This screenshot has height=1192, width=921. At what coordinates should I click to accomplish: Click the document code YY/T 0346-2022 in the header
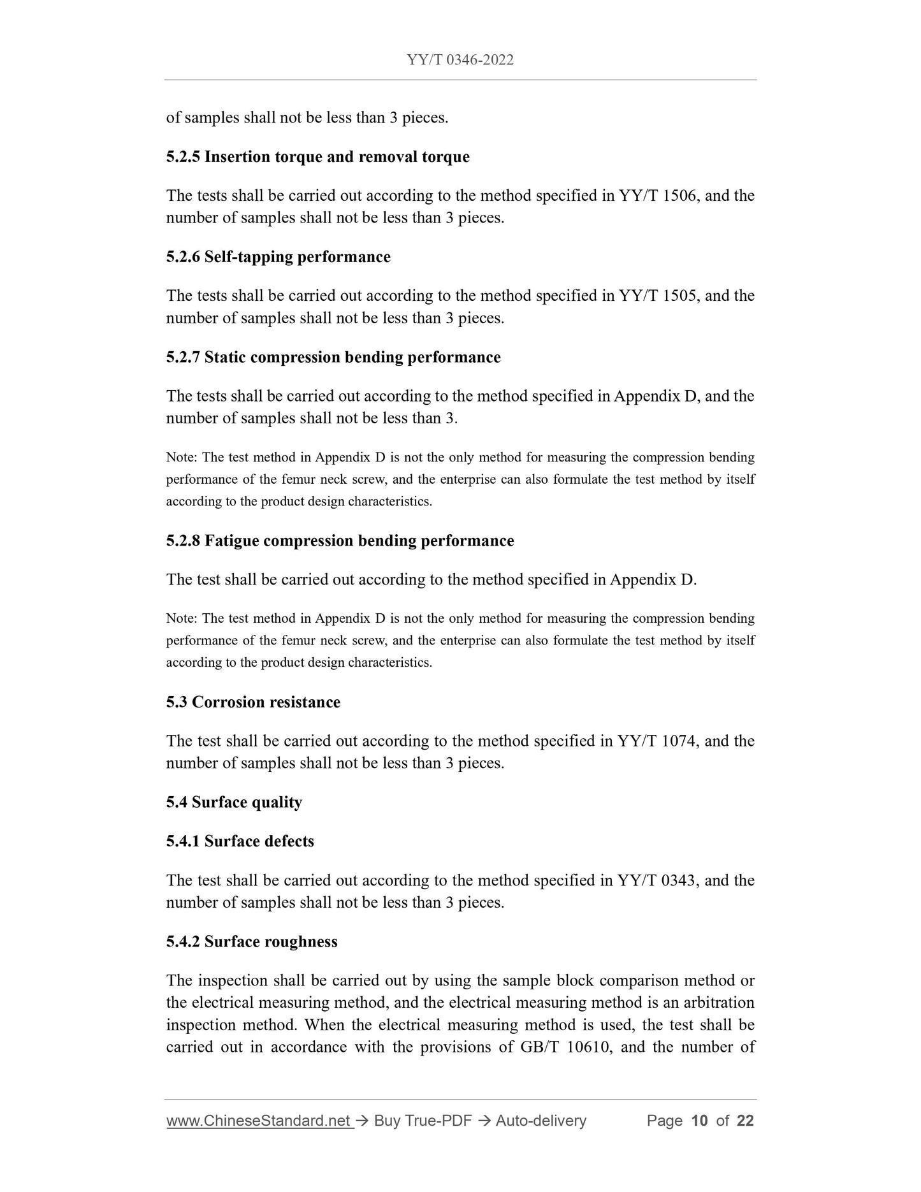460,60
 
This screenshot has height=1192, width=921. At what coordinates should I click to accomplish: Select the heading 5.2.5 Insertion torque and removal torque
317,157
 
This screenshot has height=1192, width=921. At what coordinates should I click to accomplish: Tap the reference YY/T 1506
658,196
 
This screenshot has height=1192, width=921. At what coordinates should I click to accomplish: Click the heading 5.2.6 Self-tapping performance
278,257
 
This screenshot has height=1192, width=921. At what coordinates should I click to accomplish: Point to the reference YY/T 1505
658,296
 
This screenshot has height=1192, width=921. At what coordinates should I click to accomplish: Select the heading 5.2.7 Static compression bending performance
333,357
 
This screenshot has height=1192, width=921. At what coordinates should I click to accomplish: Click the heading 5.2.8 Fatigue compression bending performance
340,541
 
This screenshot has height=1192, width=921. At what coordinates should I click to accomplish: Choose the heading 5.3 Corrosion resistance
253,702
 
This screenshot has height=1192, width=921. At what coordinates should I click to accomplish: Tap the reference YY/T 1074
658,741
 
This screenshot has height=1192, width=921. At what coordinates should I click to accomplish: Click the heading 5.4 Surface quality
234,802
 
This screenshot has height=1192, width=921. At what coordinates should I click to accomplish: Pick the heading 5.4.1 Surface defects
240,841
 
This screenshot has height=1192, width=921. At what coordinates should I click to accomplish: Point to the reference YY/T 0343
658,881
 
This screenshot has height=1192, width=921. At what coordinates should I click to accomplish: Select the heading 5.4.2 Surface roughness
252,941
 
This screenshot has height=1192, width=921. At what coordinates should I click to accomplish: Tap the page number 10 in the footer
699,1121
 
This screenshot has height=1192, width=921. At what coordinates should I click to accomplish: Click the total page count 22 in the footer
745,1121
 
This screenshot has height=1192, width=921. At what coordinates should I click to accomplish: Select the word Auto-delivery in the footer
540,1121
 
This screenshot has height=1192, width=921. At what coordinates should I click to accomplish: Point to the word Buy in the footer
387,1121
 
